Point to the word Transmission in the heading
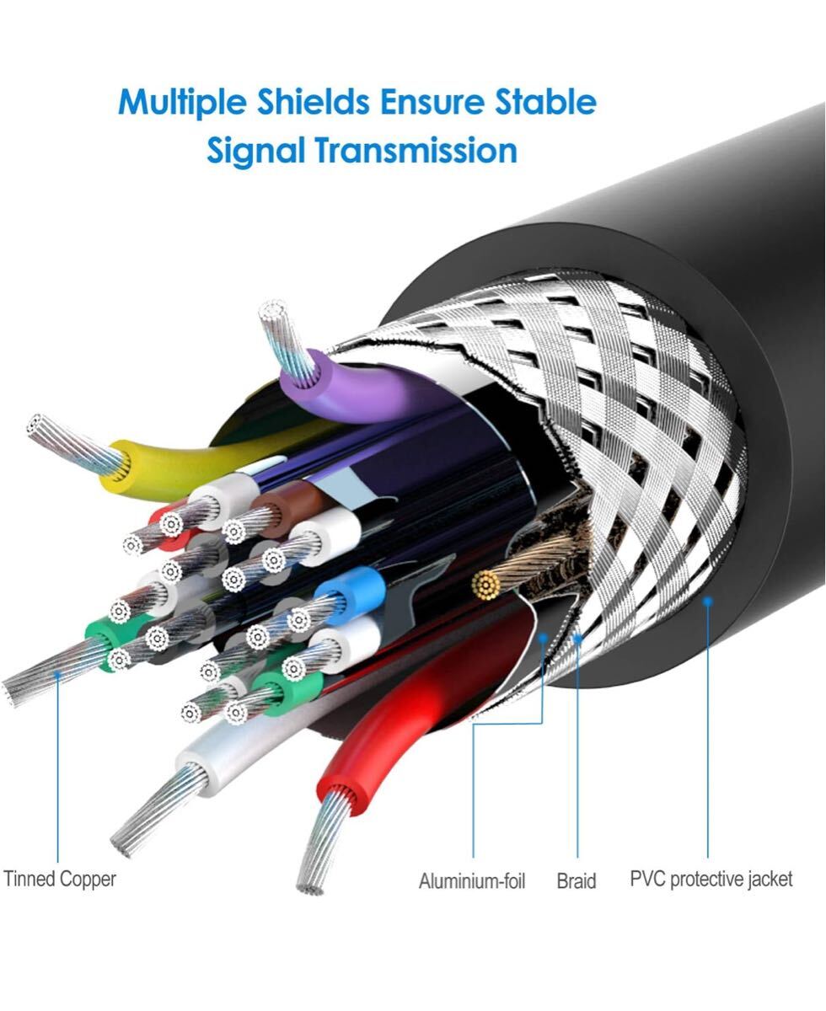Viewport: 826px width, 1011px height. coord(416,152)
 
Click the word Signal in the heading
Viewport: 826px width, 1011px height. coord(256,152)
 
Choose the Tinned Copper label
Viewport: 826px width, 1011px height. coord(60,879)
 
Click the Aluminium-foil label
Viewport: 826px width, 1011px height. coord(471,881)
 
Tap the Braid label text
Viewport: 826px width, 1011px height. coord(577,881)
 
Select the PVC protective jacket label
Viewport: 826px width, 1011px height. coord(711,879)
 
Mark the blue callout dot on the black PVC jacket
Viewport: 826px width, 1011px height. coord(708,600)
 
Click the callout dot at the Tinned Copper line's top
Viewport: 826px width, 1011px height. coord(57,674)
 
